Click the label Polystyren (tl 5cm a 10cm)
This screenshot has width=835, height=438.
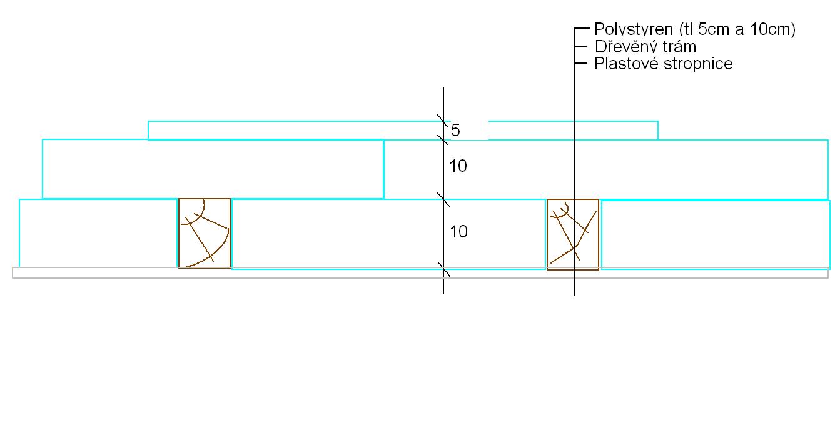pos(694,29)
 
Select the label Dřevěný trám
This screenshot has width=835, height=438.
pos(645,47)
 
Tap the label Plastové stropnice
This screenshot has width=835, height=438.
pos(663,64)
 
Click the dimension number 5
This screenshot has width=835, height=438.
pos(455,131)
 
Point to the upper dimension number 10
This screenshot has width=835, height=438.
pos(458,166)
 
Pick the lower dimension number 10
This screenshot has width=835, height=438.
pos(458,232)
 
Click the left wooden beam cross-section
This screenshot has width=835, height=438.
pos(205,233)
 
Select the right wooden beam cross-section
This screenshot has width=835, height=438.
pos(573,234)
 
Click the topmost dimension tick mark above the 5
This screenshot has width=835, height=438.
pos(443,121)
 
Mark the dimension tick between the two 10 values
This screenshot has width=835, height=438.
pos(443,199)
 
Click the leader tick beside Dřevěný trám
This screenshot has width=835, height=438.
pos(582,47)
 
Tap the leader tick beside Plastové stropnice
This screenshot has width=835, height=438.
pos(582,63)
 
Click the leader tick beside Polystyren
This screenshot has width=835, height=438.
pos(582,29)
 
